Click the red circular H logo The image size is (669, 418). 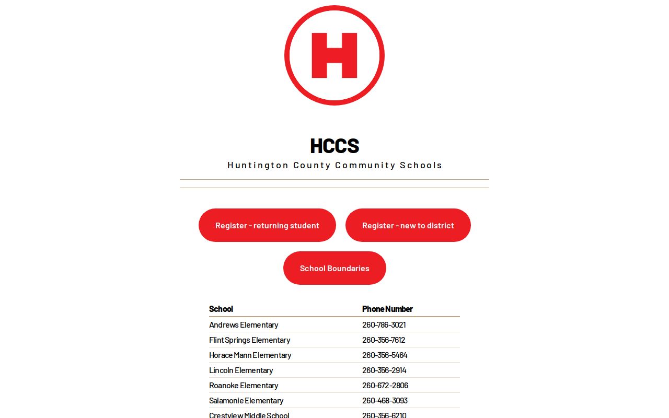point(334,55)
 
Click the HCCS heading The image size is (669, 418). point(334,146)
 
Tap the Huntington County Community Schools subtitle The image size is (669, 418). point(334,165)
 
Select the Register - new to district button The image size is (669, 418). point(408,225)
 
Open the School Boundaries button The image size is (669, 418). point(334,268)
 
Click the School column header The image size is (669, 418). point(221,309)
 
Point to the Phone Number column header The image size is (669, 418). point(387,309)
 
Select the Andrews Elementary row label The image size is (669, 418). point(244,324)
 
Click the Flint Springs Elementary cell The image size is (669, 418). point(249,340)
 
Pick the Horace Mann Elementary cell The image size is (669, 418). point(250,355)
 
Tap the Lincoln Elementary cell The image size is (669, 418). point(241,370)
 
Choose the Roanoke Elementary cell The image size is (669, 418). point(244,385)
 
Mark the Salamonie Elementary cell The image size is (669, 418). point(246,400)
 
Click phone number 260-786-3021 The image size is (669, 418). point(384,324)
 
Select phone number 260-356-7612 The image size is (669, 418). point(384,340)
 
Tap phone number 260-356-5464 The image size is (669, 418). point(385,355)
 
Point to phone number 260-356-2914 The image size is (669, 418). point(384,370)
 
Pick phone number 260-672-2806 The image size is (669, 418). point(385,385)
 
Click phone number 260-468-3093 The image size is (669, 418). point(385,400)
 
